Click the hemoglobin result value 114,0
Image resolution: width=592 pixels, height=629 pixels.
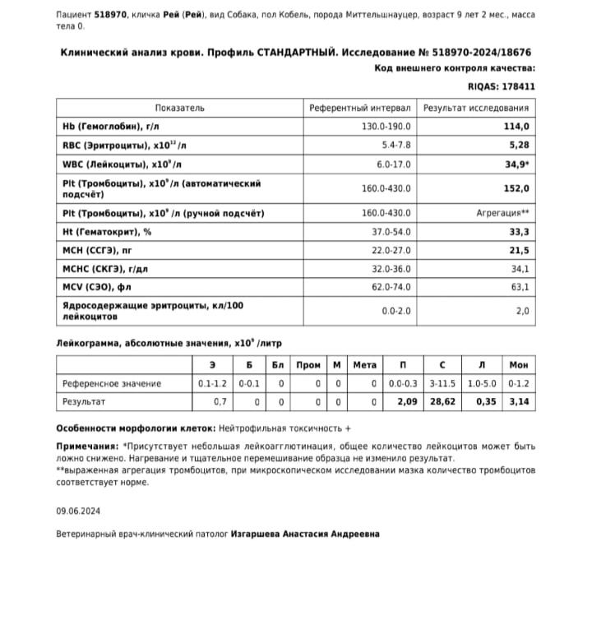(x=516, y=127)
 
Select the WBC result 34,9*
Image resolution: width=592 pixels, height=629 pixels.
(x=516, y=164)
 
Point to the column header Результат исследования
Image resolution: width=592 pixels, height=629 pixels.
(x=476, y=108)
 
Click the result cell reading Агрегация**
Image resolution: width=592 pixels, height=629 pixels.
(x=502, y=214)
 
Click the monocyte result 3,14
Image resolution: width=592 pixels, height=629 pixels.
(x=519, y=402)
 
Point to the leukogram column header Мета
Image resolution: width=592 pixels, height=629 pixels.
(x=364, y=365)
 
